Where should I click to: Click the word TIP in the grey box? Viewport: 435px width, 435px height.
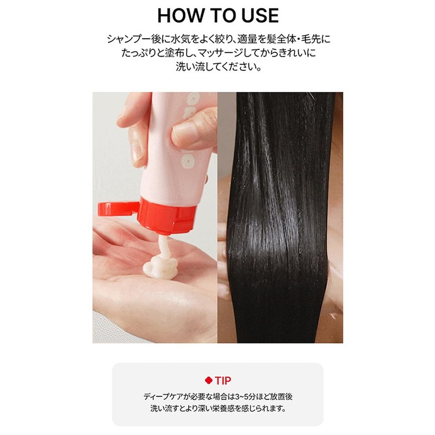pyautogui.click(x=223, y=380)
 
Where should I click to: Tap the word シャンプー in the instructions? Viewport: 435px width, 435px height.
pyautogui.click(x=128, y=40)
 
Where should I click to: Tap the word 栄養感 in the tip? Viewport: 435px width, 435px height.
pyautogui.click(x=246, y=408)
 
